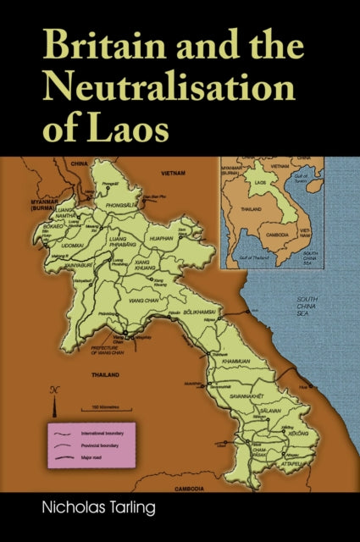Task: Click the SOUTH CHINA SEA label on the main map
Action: pyautogui.click(x=307, y=307)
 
